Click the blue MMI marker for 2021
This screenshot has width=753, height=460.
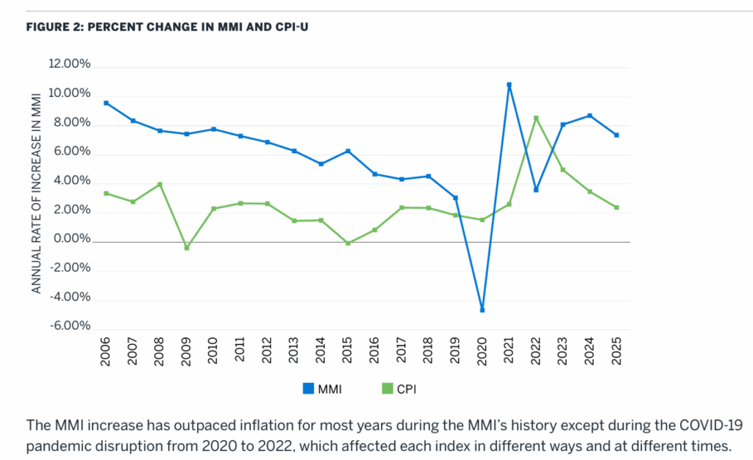pos(509,85)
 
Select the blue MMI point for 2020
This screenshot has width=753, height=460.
pos(482,310)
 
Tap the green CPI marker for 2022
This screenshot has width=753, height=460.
pos(536,118)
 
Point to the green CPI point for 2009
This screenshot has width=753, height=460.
pos(187,247)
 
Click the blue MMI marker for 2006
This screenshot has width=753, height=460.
pos(107,103)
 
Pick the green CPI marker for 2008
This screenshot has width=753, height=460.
pos(160,184)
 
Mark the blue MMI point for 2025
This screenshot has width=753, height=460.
pos(616,135)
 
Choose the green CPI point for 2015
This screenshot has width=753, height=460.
pos(348,243)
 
